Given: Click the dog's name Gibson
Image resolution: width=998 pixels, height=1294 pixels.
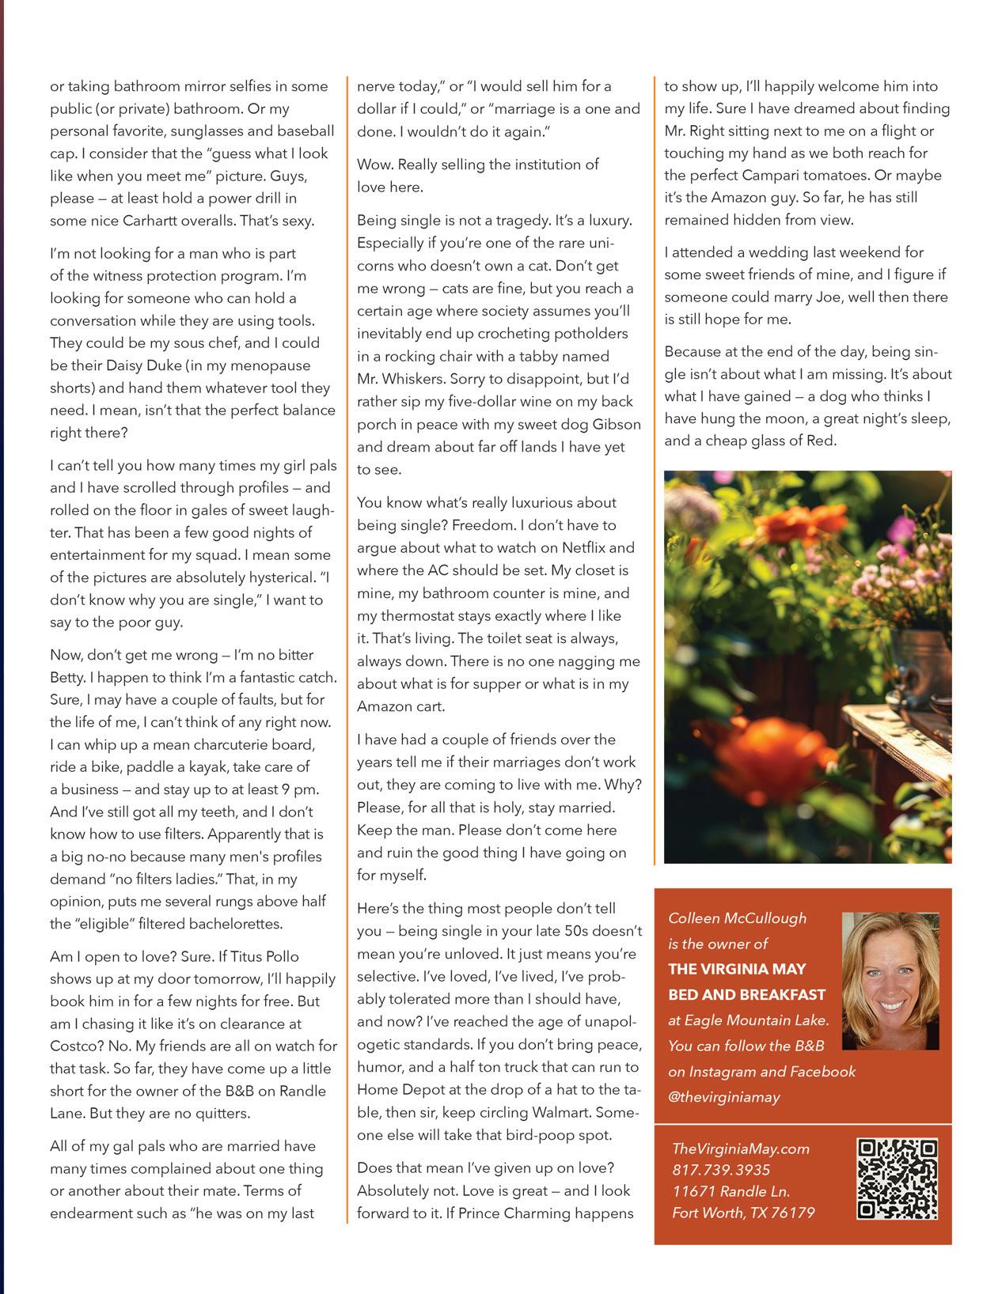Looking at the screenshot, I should [x=614, y=424].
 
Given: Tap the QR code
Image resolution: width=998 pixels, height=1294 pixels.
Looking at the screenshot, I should [x=897, y=1179].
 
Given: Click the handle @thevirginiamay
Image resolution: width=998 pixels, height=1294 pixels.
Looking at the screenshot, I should [x=724, y=1097].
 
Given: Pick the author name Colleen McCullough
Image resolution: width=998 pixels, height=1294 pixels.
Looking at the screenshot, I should [x=726, y=918].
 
